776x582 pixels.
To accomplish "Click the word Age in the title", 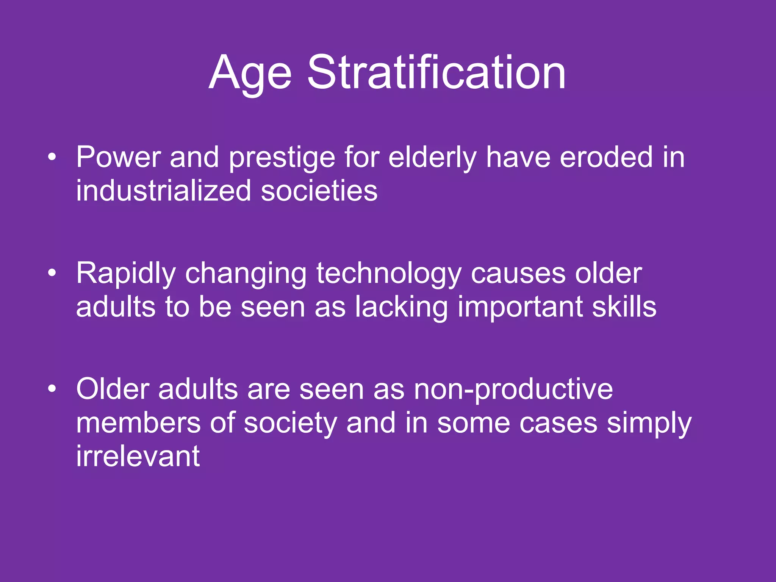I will click(x=250, y=74).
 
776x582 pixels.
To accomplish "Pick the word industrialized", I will click(x=163, y=190).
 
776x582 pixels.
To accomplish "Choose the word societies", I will click(x=319, y=190).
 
